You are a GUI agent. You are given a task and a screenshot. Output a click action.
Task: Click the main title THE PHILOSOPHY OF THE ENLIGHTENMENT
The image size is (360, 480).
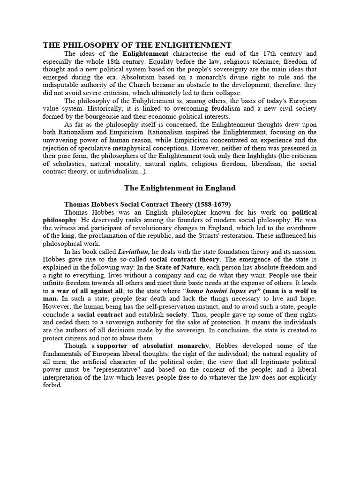point(137,45)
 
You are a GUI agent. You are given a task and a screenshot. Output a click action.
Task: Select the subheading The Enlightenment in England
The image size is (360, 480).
point(180,188)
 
